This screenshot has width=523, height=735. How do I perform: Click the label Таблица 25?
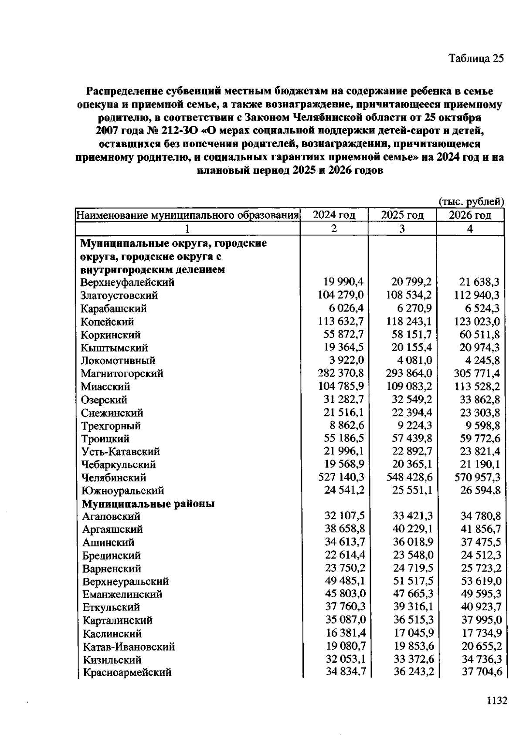[x=476, y=58]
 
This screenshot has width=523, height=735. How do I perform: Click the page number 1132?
[x=496, y=701]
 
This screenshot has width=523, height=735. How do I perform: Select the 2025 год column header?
[x=402, y=215]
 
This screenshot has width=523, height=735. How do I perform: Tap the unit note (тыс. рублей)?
[x=471, y=202]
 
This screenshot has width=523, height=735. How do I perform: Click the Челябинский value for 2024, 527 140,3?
[x=341, y=478]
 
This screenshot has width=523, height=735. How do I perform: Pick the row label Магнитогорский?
[x=122, y=373]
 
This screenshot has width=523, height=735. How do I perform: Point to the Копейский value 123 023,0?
[x=477, y=322]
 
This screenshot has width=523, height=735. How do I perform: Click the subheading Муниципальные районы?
[x=148, y=504]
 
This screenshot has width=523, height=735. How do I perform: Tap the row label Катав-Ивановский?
[x=129, y=647]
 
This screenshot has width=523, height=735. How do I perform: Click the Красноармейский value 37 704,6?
[x=482, y=672]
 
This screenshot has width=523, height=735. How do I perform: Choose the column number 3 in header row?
[x=402, y=229]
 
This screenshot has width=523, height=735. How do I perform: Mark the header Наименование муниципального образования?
[x=188, y=215]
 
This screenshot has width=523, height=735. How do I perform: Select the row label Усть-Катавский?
[x=121, y=451]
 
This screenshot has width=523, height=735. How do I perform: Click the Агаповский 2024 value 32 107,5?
[x=344, y=516]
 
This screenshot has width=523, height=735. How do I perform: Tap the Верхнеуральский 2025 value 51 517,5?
[x=412, y=581]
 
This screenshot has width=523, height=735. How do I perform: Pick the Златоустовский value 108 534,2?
[x=409, y=295]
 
